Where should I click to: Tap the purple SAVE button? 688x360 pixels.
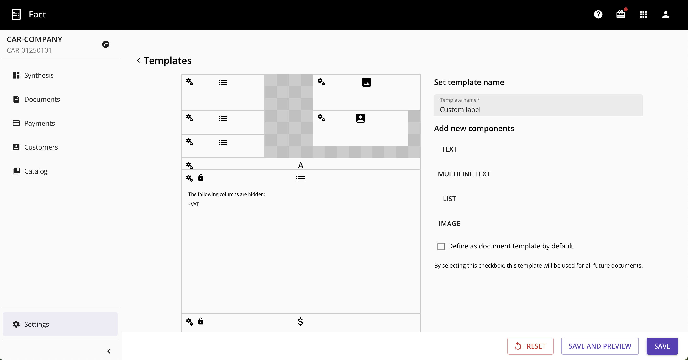662,346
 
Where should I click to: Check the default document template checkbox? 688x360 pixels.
441,246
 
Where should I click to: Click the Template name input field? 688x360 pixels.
538,105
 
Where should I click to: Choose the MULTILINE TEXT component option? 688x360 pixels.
464,174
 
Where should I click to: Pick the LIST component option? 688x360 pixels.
449,199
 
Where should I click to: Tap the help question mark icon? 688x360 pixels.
598,14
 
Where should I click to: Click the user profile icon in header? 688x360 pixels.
666,14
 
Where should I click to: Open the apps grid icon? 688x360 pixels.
643,14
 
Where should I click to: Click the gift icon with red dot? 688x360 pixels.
621,14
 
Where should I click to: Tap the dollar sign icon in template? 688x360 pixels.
300,321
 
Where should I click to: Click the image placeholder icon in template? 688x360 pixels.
366,82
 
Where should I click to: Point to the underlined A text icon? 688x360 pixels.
300,166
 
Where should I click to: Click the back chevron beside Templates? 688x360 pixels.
138,60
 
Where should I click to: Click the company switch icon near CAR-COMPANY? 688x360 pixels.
106,44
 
